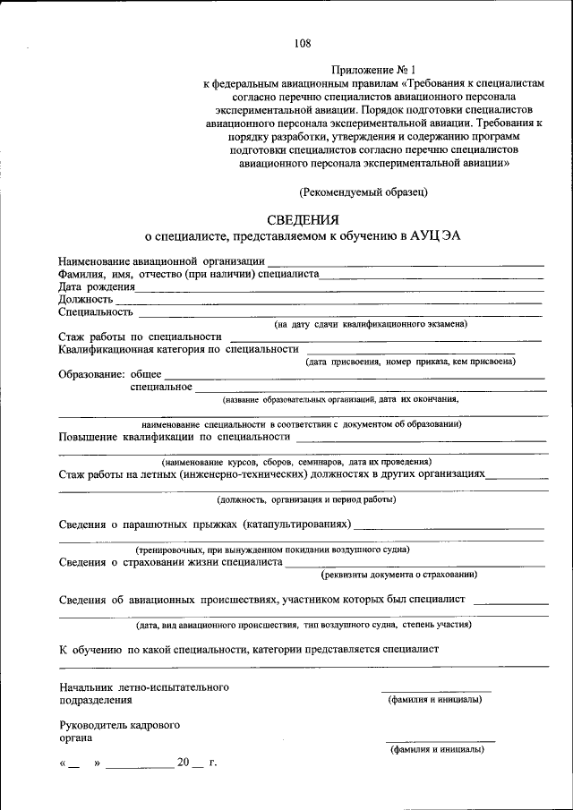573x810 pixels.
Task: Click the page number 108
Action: point(302,42)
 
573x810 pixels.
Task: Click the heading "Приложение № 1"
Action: point(373,69)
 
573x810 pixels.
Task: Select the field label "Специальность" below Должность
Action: point(96,312)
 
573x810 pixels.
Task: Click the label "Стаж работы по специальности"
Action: point(140,337)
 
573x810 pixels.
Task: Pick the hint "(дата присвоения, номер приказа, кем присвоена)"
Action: point(410,362)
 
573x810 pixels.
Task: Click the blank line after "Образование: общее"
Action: point(354,379)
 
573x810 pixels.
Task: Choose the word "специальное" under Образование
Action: point(161,387)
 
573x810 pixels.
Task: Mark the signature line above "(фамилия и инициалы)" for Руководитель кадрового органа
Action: point(440,741)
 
